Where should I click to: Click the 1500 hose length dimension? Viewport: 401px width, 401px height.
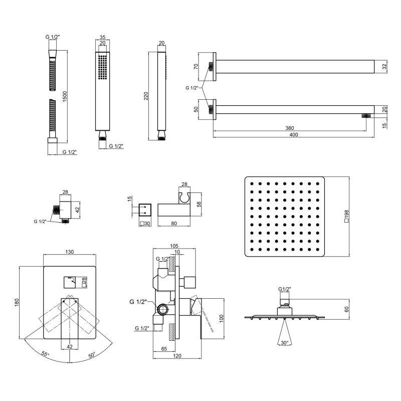click(x=65, y=96)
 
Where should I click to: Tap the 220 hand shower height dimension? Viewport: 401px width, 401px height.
click(x=146, y=96)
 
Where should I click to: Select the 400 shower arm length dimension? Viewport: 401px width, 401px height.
click(x=294, y=134)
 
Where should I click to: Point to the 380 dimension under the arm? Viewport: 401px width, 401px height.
click(x=290, y=128)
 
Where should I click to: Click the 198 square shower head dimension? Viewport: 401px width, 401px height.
click(x=346, y=217)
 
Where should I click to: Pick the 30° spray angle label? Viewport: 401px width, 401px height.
click(x=284, y=343)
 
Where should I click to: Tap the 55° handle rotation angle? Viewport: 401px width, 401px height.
click(x=45, y=354)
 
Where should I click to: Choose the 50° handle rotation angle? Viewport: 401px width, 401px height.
click(x=92, y=355)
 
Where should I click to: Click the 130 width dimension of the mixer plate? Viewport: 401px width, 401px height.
click(x=70, y=252)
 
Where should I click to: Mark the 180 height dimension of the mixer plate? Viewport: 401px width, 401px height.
click(x=17, y=303)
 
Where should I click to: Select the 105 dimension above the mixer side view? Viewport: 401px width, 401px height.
click(x=174, y=246)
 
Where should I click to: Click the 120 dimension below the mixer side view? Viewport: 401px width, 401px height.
click(x=177, y=356)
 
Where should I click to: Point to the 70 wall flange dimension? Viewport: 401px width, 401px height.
click(x=196, y=67)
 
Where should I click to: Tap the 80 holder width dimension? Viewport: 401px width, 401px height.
click(x=174, y=223)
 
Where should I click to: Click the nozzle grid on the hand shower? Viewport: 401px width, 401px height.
click(x=102, y=67)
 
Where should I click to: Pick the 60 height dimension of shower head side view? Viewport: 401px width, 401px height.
click(x=346, y=309)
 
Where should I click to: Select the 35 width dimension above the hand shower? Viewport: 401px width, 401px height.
click(x=102, y=37)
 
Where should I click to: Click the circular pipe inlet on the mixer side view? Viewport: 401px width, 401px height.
click(x=163, y=309)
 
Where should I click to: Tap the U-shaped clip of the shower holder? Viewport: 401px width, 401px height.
click(x=184, y=197)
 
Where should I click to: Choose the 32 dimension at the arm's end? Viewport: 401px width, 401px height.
click(x=384, y=67)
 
